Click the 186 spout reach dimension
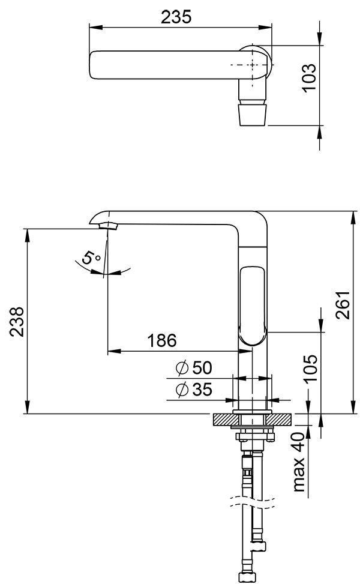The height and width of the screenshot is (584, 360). point(162,340)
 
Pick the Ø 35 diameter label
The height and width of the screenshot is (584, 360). point(194,390)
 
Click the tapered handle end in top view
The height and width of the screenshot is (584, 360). point(251,113)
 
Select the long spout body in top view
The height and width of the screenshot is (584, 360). point(162,64)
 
